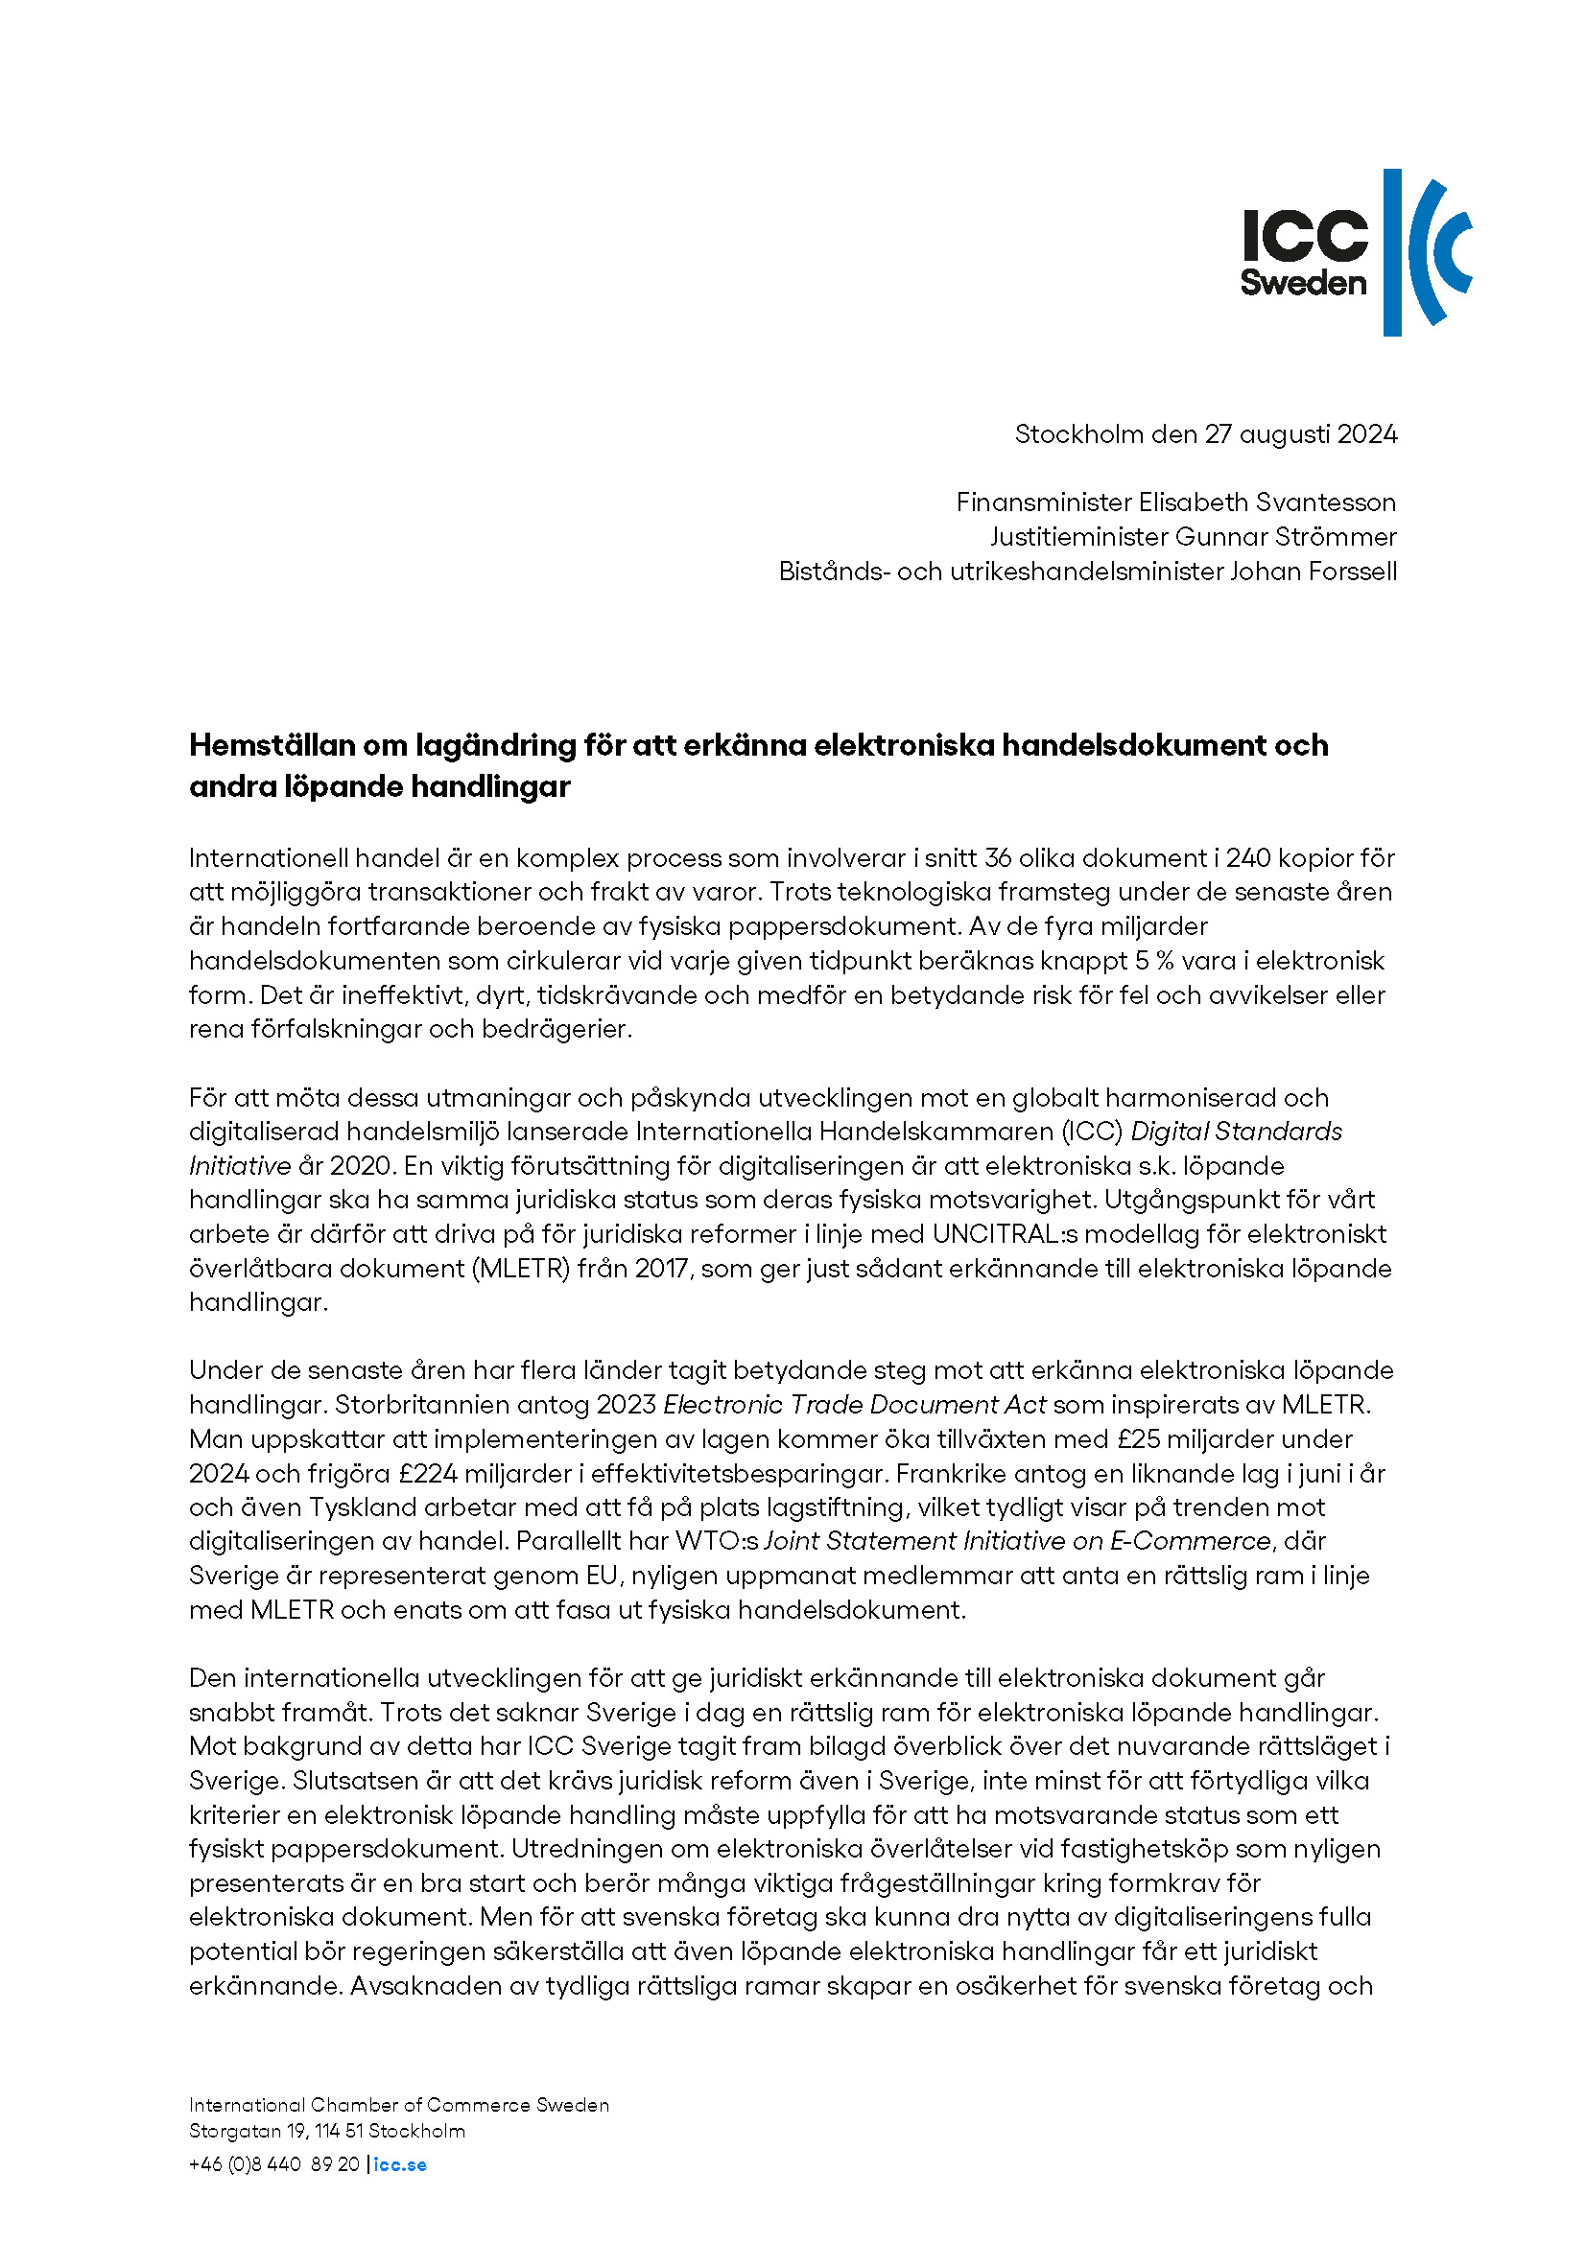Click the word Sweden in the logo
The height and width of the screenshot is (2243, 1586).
(x=1303, y=283)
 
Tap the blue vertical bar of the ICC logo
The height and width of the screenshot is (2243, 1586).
(x=1392, y=252)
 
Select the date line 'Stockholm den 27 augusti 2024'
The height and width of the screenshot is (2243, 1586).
(x=1206, y=433)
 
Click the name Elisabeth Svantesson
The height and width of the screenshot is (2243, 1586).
(x=1266, y=502)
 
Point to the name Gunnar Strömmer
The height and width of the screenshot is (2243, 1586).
(x=1285, y=536)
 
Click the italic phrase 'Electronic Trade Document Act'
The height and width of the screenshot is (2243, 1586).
(x=854, y=1405)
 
